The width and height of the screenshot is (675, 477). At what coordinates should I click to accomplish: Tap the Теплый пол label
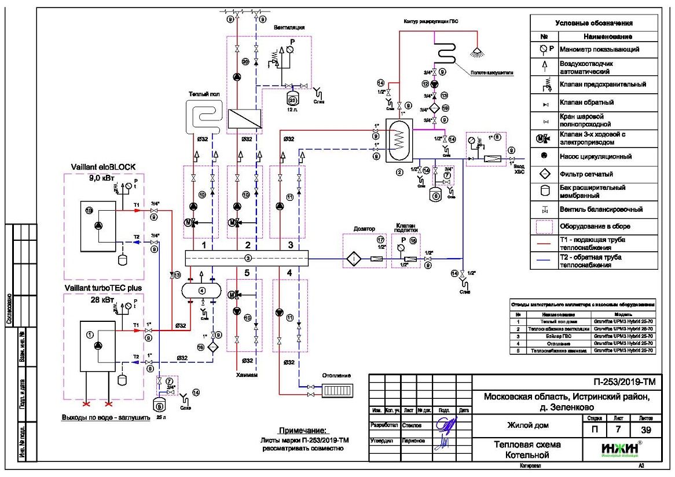pos(202,94)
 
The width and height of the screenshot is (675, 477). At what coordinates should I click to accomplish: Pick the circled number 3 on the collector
pos(247,257)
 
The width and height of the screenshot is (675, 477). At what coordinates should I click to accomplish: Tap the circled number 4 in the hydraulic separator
pos(202,290)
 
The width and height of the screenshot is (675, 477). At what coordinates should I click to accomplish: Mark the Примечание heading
pos(303,431)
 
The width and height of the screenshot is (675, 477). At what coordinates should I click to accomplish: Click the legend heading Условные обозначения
pos(593,23)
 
